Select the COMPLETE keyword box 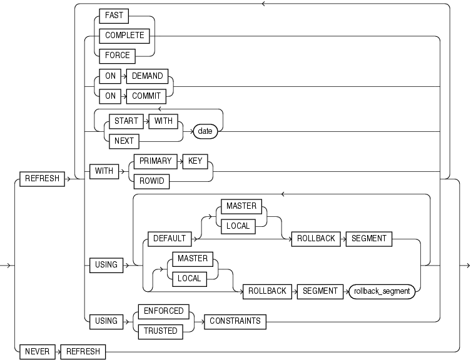click(124, 36)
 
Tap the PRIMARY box click(156, 161)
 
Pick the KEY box click(193, 161)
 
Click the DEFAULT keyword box click(170, 238)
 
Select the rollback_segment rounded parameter click(382, 291)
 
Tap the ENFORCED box click(164, 311)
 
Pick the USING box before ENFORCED click(106, 321)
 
